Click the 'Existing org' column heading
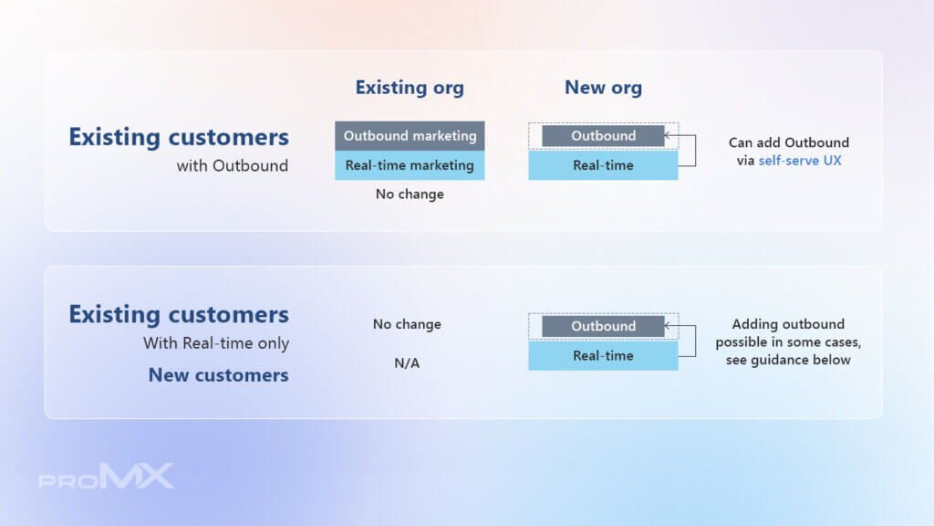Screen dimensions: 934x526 coord(410,88)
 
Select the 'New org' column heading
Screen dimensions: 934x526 coord(603,88)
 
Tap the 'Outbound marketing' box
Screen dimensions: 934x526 coord(410,136)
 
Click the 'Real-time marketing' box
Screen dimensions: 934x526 coord(410,165)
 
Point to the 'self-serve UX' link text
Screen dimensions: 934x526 coord(799,161)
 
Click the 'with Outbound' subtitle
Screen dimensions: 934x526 coord(233,166)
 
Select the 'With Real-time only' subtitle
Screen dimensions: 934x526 coord(216,343)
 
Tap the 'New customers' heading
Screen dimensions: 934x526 coord(219,375)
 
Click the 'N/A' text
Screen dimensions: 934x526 coord(407,363)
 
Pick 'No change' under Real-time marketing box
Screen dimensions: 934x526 coord(410,195)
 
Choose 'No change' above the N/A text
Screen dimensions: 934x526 coord(407,324)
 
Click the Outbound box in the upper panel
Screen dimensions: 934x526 coord(603,136)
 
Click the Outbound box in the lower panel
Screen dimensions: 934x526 coord(603,326)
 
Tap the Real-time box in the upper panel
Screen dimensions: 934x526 coord(603,165)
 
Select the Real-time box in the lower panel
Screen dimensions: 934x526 coord(603,355)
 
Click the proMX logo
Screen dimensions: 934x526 coord(106,476)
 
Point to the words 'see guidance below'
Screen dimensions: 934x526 coord(788,360)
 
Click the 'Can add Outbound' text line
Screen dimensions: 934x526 coord(789,142)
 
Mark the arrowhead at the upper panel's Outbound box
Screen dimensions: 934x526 coord(667,135)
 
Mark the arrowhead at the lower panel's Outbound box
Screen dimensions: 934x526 coord(667,326)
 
